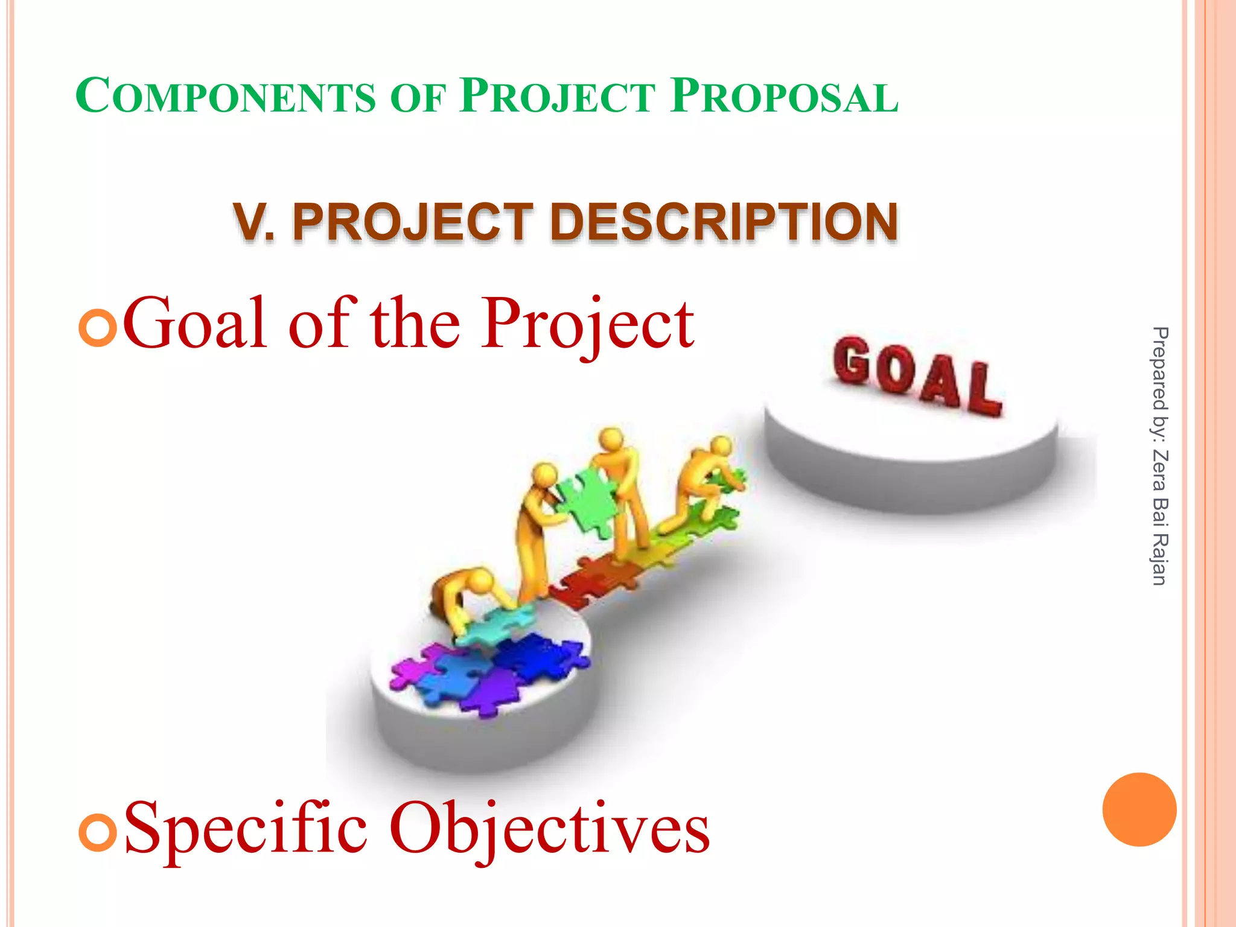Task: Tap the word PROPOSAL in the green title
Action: point(785,97)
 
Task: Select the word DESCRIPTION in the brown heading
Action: point(724,222)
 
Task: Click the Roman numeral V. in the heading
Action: point(254,222)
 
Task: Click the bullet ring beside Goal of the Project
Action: point(97,328)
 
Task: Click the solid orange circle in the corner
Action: point(1139,809)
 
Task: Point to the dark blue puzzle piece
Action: point(537,658)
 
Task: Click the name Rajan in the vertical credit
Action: point(1159,559)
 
